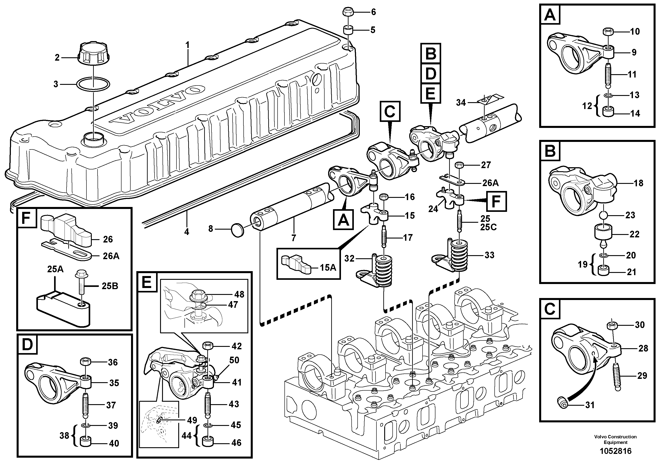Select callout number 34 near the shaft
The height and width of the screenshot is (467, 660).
(461, 103)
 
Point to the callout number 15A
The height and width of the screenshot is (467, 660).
(328, 267)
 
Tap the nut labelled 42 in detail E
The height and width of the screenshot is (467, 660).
(208, 346)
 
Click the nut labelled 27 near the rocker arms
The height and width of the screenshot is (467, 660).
(459, 165)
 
